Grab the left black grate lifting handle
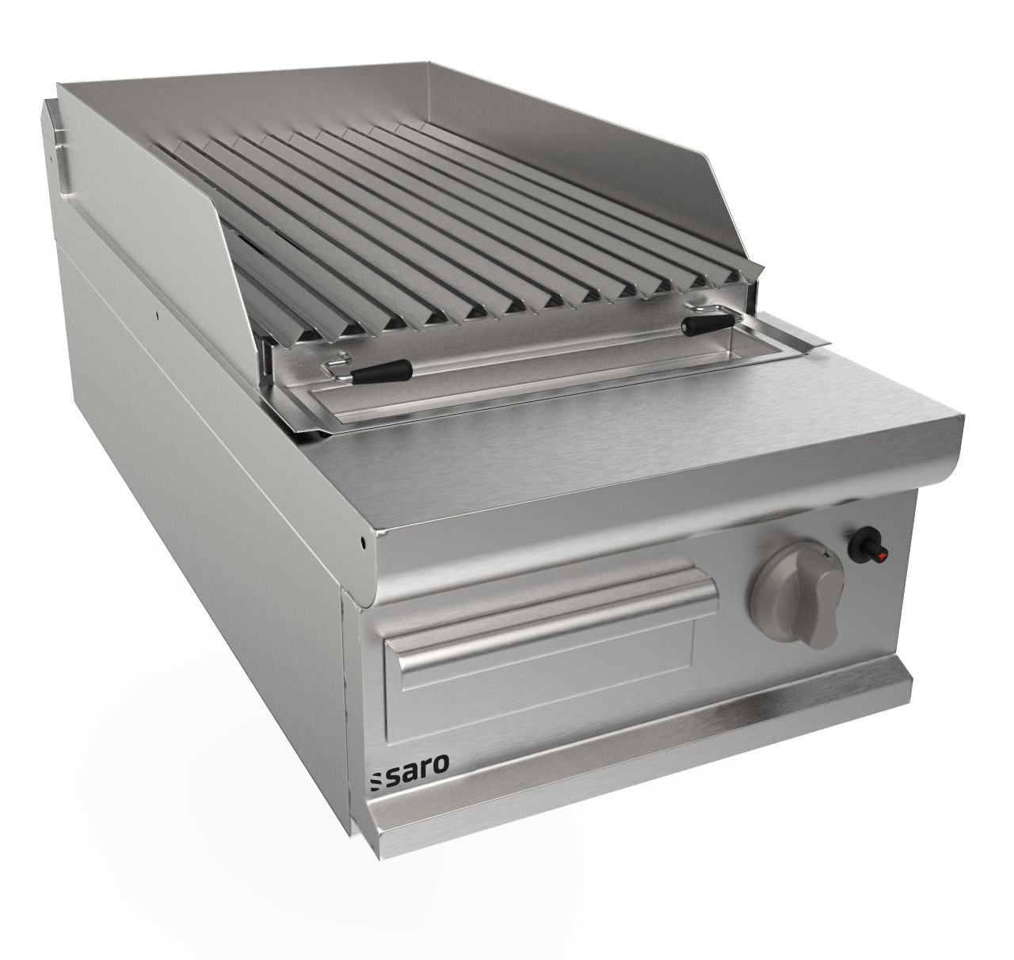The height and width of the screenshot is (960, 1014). pyautogui.click(x=382, y=371)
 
